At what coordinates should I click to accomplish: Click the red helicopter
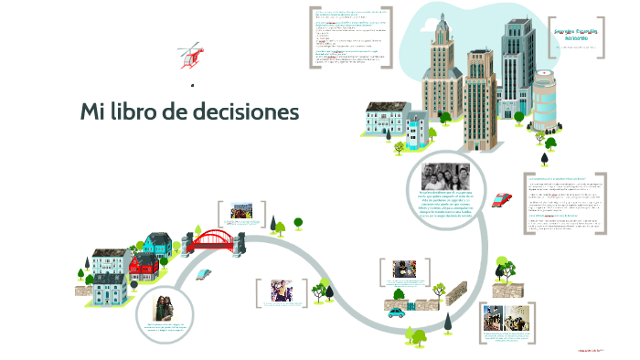point(189,58)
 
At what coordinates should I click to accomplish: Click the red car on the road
point(501,199)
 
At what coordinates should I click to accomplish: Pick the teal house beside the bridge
point(157,244)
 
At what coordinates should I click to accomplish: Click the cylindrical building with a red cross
point(544,101)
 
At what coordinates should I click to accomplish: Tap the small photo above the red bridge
point(242,211)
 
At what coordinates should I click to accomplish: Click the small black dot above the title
point(192,85)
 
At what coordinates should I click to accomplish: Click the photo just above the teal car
point(405,270)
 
